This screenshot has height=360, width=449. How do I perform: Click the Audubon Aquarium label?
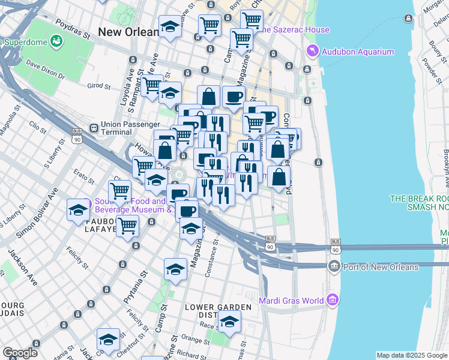(x=357, y=52)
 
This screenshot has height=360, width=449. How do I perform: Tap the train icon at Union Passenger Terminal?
(x=94, y=128)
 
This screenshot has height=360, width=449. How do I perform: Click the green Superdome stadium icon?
(x=56, y=41)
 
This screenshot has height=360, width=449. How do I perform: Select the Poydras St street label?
(x=71, y=27)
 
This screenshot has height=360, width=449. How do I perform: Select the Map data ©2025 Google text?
(x=411, y=355)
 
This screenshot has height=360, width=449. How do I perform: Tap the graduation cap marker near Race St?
(x=229, y=323)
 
